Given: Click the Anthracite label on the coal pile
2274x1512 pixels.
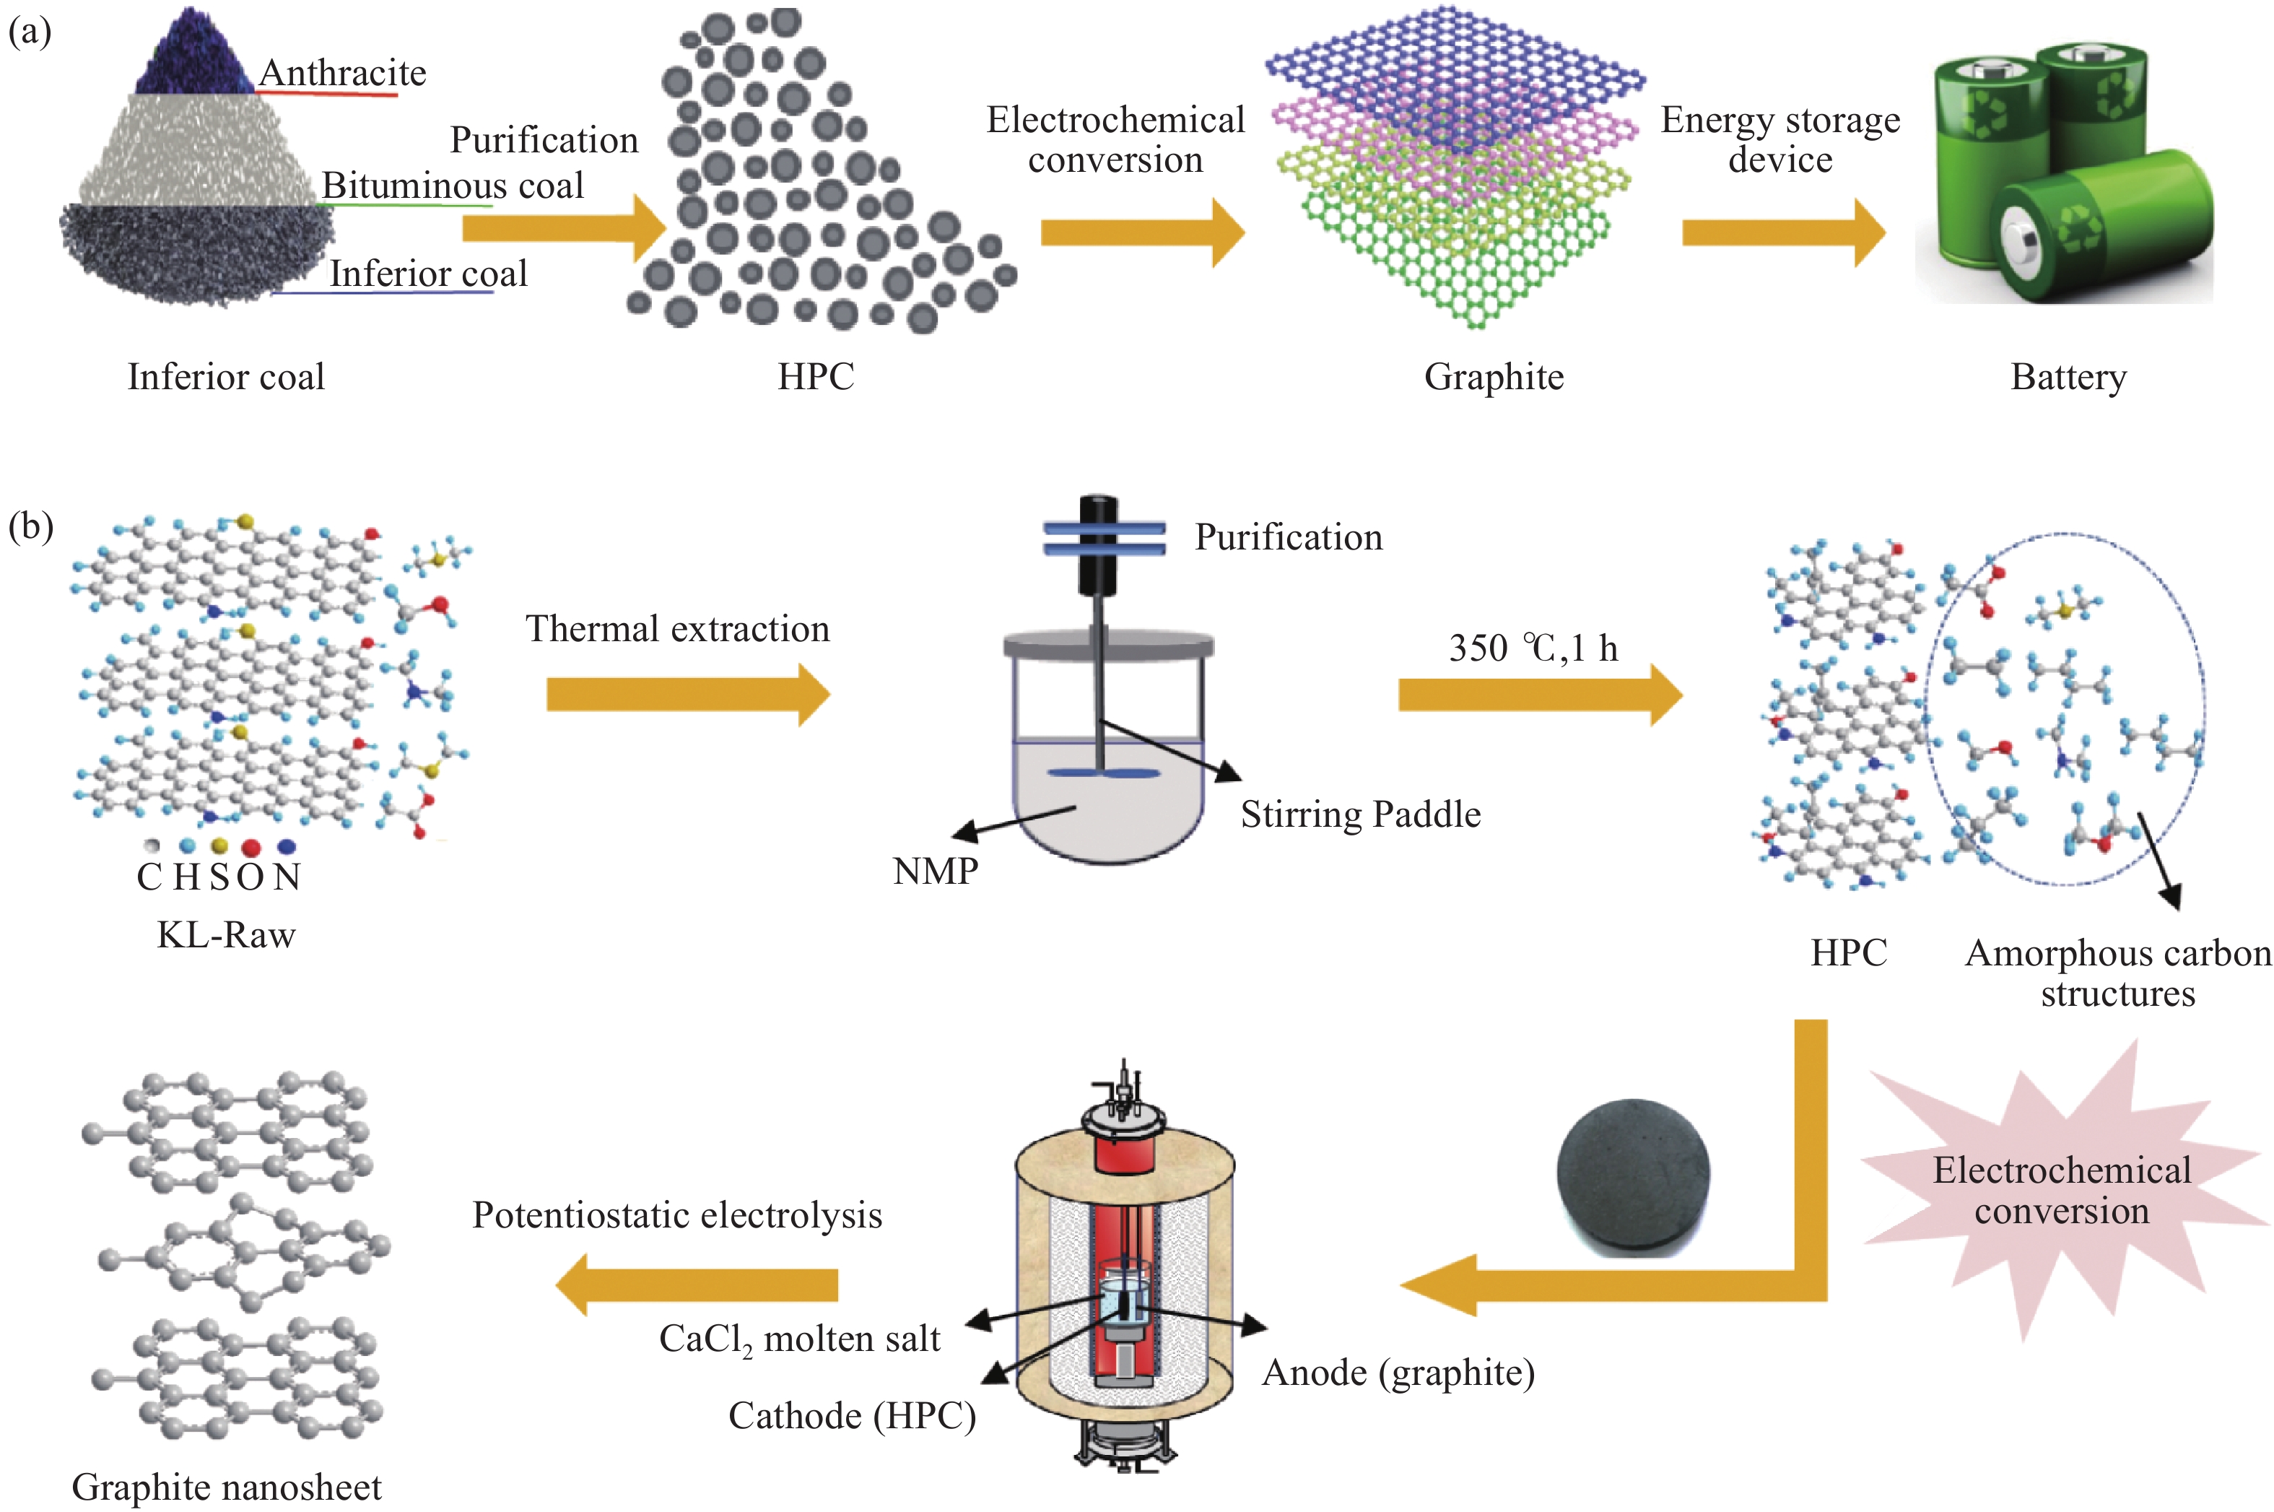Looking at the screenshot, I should point(342,73).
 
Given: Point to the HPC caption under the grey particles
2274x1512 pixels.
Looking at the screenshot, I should point(816,377).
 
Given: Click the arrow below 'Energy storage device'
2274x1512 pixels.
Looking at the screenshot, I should point(1782,233).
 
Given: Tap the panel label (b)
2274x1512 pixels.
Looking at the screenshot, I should point(30,526).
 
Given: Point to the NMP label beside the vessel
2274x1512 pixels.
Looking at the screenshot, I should point(935,872).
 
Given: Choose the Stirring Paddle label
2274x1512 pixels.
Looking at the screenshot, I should point(1360,814).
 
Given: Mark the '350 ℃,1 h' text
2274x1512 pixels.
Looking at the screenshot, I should point(1533,648).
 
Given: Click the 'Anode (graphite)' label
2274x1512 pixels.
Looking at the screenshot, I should point(1398,1372).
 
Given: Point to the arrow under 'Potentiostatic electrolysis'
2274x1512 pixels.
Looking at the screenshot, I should point(697,1285).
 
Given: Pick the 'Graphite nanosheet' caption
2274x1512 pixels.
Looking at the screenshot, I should point(227,1487).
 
